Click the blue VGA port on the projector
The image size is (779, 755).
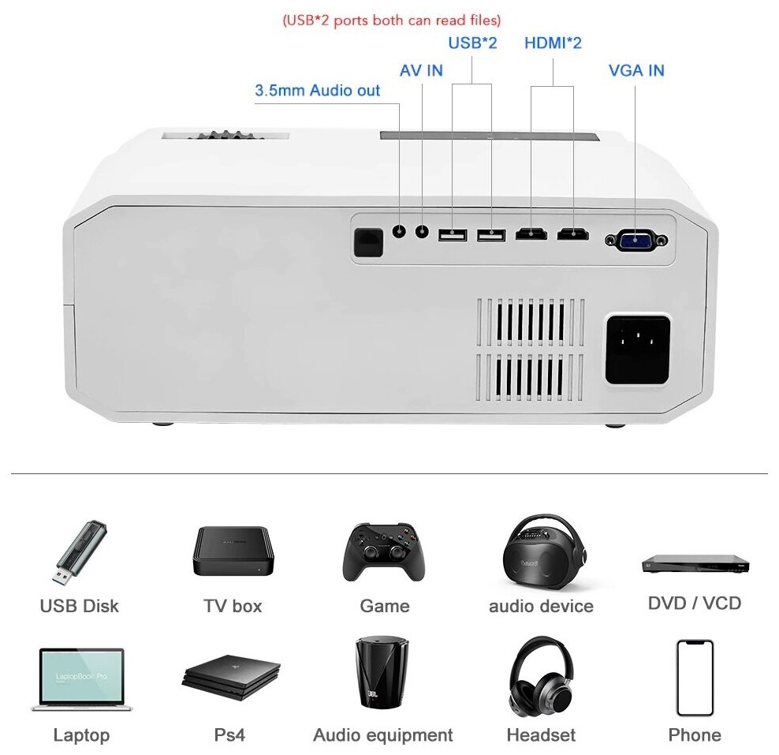636,240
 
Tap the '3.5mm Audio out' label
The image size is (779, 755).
317,91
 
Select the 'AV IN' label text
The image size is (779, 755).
421,70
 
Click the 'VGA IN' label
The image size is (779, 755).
636,70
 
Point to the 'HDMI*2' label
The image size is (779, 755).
553,43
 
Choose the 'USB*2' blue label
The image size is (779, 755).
472,43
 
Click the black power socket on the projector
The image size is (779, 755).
637,349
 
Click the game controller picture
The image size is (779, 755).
384,550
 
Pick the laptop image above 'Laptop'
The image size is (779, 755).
81,678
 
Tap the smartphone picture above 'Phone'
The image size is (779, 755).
695,678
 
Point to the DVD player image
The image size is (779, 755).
695,563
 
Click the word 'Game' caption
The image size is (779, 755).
384,606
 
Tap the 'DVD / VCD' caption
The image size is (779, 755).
695,604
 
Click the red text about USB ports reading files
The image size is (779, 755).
392,20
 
